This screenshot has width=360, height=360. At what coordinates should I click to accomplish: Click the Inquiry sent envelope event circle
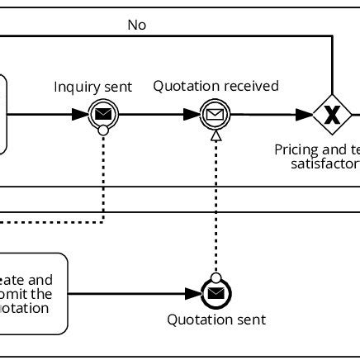tap(102, 115)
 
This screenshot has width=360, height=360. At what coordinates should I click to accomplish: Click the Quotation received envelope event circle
tap(215, 115)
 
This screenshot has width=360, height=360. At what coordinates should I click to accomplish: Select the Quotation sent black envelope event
tap(216, 293)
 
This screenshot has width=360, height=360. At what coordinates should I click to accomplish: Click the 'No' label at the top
tap(137, 25)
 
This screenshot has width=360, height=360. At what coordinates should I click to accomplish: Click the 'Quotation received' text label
tap(216, 86)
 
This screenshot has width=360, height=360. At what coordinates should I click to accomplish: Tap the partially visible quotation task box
tap(33, 293)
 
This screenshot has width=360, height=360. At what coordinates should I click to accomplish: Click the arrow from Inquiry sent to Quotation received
tap(157, 115)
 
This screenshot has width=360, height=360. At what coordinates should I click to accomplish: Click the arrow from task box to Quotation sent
tap(132, 293)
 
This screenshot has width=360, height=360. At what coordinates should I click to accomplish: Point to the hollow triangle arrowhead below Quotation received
tap(216, 135)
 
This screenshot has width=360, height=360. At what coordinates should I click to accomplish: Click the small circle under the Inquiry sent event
tap(102, 130)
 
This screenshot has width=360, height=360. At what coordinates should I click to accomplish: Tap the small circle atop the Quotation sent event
tap(216, 277)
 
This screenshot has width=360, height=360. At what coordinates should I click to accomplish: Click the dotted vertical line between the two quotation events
tap(216, 206)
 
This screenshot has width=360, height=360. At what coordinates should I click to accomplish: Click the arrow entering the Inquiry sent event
tap(50, 115)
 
